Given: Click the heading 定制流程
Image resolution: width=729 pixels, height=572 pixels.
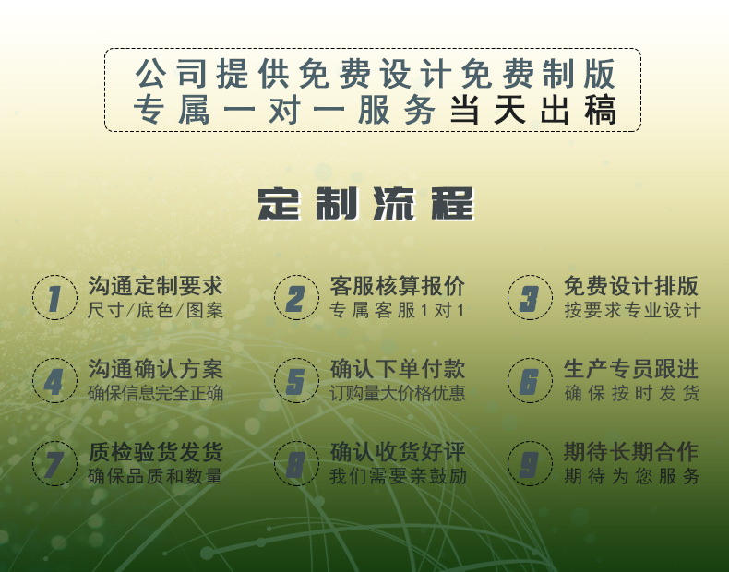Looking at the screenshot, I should pyautogui.click(x=365, y=203).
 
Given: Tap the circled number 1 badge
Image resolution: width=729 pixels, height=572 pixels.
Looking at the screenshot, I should pyautogui.click(x=55, y=298).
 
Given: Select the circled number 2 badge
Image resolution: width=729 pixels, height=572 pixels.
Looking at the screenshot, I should pyautogui.click(x=296, y=298).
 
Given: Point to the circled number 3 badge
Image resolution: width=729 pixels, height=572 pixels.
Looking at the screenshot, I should pyautogui.click(x=530, y=298).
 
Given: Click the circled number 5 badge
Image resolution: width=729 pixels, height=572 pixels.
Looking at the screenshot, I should pyautogui.click(x=296, y=381).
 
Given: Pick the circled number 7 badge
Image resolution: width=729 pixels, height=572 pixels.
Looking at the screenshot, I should pyautogui.click(x=55, y=464).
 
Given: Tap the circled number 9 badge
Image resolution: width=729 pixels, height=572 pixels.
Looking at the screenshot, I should pyautogui.click(x=530, y=464).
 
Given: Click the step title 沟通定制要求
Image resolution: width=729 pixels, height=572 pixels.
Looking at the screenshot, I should pyautogui.click(x=155, y=286).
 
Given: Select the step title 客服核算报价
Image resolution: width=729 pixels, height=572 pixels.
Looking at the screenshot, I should pyautogui.click(x=397, y=286).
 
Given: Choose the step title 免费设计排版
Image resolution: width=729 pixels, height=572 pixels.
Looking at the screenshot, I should pyautogui.click(x=631, y=286).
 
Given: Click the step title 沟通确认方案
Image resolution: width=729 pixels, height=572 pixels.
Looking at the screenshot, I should pyautogui.click(x=155, y=369).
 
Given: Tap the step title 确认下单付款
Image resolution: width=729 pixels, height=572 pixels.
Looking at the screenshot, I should pyautogui.click(x=397, y=369).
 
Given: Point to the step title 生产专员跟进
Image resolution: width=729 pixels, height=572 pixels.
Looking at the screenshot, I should pyautogui.click(x=631, y=369).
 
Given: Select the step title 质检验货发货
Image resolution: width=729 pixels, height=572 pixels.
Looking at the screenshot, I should pyautogui.click(x=155, y=452).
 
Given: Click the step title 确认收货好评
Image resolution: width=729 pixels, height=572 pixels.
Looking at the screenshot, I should pyautogui.click(x=397, y=452).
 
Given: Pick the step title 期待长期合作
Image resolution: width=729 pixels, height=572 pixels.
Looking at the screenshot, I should pyautogui.click(x=631, y=452).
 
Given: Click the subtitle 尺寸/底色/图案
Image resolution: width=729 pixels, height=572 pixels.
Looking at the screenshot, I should pyautogui.click(x=155, y=311).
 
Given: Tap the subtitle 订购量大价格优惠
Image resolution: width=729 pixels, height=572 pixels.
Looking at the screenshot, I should pyautogui.click(x=397, y=394).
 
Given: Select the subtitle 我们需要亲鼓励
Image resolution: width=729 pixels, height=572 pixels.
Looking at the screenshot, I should pyautogui.click(x=397, y=477).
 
